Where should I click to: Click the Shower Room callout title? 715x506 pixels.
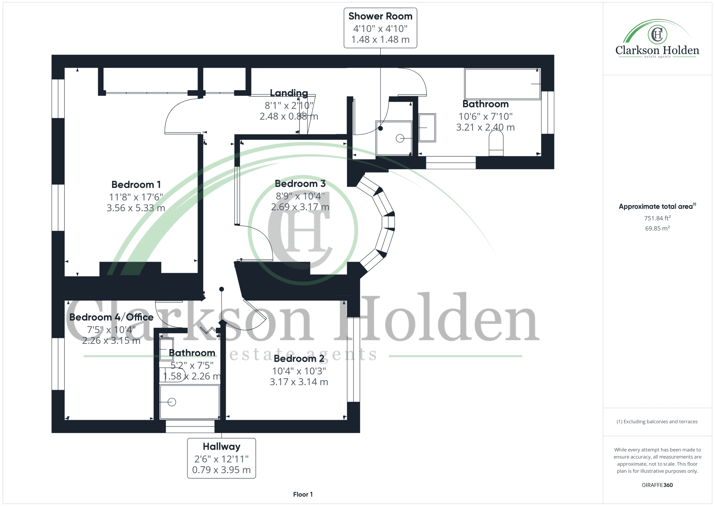pyautogui.click(x=380, y=16)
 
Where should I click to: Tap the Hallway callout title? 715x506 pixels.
pyautogui.click(x=221, y=446)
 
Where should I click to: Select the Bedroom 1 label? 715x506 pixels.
pyautogui.click(x=136, y=184)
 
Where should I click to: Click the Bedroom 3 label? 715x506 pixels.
pyautogui.click(x=300, y=184)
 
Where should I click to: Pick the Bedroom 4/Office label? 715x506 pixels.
pyautogui.click(x=111, y=317)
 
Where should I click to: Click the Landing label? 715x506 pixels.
pyautogui.click(x=289, y=93)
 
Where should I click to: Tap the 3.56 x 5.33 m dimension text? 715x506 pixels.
pyautogui.click(x=136, y=208)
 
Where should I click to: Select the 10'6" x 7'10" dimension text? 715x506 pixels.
pyautogui.click(x=485, y=117)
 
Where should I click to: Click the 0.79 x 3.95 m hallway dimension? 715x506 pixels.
pyautogui.click(x=221, y=470)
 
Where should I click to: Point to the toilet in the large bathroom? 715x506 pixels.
pyautogui.click(x=496, y=143)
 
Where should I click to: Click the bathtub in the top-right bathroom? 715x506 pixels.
pyautogui.click(x=502, y=84)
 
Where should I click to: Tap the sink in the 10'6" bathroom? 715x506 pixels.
pyautogui.click(x=427, y=127)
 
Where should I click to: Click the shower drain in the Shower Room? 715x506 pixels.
pyautogui.click(x=400, y=138)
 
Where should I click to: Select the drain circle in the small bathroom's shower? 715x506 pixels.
pyautogui.click(x=171, y=402)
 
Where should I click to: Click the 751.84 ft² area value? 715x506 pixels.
pyautogui.click(x=657, y=218)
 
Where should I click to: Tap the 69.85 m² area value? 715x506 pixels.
pyautogui.click(x=657, y=228)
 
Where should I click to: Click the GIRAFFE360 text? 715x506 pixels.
pyautogui.click(x=657, y=485)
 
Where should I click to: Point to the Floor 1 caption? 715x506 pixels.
pyautogui.click(x=303, y=495)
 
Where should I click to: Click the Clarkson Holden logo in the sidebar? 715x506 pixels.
pyautogui.click(x=657, y=39)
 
